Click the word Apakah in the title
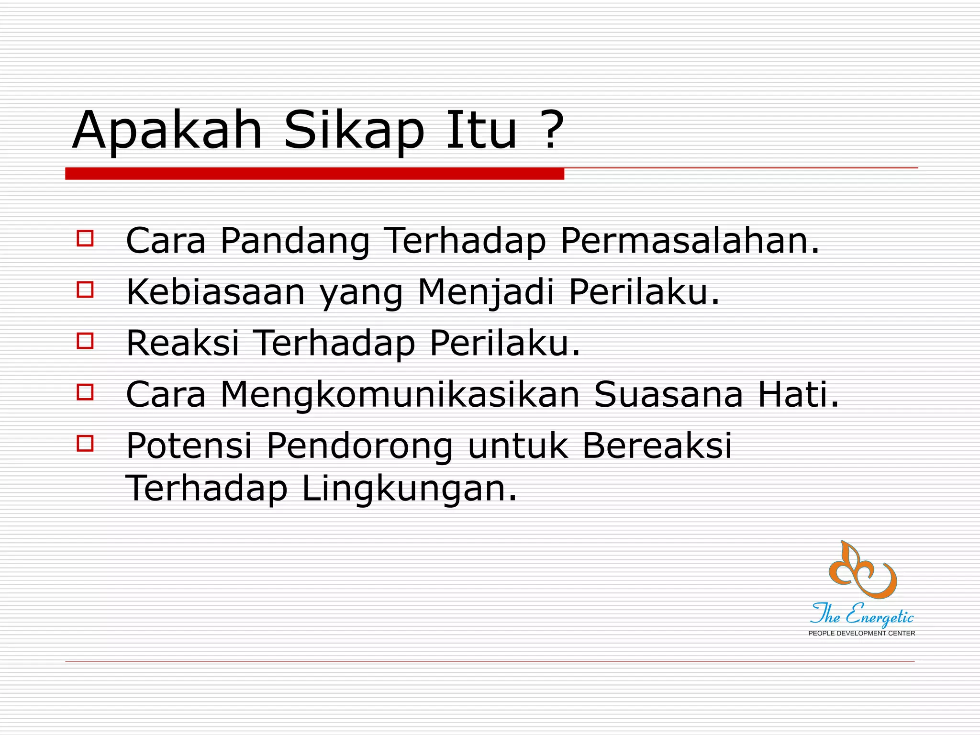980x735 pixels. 167,130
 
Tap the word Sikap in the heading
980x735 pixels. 354,130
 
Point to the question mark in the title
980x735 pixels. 553,130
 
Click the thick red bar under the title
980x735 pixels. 314,174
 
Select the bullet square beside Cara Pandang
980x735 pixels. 85,238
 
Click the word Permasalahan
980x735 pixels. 689,240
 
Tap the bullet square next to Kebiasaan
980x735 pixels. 85,290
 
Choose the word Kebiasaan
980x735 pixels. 215,292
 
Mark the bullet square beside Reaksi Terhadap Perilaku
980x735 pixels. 85,341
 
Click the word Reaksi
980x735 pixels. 182,343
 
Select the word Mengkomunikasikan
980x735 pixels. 400,395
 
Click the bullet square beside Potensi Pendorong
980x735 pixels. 85,444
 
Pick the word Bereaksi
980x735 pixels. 657,446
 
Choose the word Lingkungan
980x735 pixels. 409,488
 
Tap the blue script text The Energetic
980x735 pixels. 861,615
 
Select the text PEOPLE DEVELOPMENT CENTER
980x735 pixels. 861,633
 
